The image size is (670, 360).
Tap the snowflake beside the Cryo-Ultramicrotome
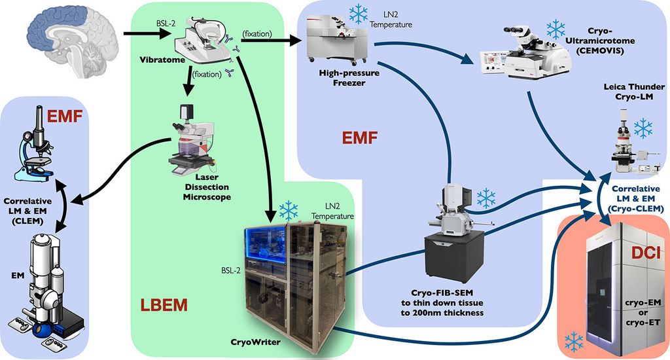point(555,28)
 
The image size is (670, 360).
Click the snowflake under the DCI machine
point(574,340)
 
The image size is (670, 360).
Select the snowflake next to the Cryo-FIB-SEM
point(486,199)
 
